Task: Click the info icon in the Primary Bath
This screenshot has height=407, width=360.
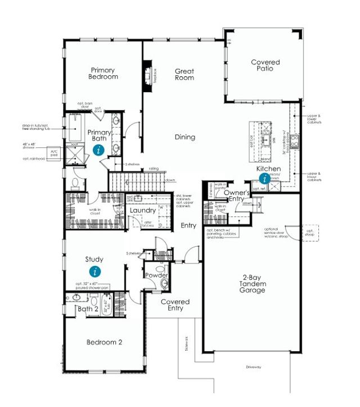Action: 99,150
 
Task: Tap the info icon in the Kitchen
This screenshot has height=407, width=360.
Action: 264,178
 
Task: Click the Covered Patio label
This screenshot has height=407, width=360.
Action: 265,65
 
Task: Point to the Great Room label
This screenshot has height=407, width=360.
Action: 184,74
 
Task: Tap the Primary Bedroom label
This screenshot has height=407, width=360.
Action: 103,74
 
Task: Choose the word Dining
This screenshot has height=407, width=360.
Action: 184,137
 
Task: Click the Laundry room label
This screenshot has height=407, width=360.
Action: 142,210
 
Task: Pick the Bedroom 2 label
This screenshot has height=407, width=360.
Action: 104,342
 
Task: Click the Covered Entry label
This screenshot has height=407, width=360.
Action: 175,305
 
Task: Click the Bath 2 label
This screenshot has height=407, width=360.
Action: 88,309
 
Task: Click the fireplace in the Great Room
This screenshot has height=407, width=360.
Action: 150,75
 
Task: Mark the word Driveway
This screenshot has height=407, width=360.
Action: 254,367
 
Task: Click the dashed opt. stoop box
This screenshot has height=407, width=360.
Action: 309,232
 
